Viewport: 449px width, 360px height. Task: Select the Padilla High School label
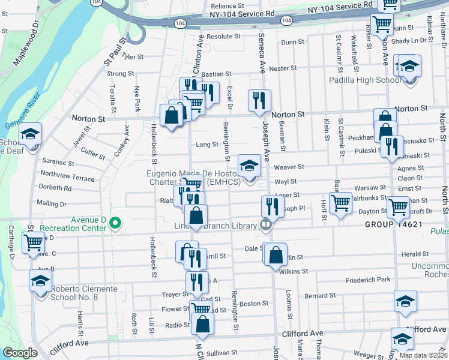point(365,80)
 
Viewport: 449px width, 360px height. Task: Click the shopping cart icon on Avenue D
point(33,242)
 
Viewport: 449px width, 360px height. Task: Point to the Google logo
point(20,353)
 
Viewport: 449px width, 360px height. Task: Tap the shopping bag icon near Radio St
point(203,323)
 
